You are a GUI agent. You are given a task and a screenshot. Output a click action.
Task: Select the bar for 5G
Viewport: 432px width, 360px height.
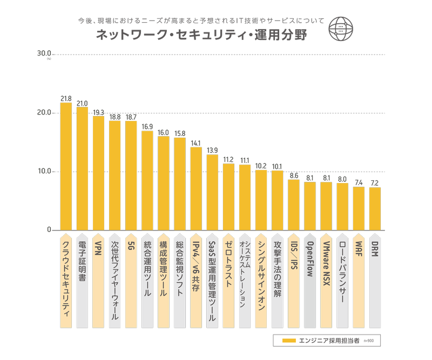(x=131, y=175)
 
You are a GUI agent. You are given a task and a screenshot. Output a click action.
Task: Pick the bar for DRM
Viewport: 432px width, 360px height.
(x=375, y=209)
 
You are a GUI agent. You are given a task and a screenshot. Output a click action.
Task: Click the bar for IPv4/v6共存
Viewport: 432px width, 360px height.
(x=196, y=189)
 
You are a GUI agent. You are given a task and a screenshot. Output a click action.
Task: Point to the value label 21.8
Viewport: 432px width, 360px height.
(x=66, y=99)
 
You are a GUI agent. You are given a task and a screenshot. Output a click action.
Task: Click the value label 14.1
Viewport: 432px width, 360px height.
(x=196, y=144)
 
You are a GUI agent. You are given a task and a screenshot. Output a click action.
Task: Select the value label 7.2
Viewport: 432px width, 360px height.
(x=375, y=184)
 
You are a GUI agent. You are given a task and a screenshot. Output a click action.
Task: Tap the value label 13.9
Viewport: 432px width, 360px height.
(x=212, y=151)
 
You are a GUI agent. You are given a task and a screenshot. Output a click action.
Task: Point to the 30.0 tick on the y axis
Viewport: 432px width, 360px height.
(x=44, y=54)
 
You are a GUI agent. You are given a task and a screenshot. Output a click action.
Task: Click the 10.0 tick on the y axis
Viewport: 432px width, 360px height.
(x=44, y=172)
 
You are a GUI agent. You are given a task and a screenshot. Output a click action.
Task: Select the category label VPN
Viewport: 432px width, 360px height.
(x=98, y=248)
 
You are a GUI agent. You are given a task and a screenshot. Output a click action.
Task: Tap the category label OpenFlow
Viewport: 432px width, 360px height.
(x=310, y=259)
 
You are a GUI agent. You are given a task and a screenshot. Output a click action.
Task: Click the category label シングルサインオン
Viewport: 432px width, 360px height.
(x=261, y=275)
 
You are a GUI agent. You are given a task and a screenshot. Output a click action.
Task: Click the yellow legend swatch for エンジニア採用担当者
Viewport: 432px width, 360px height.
(x=289, y=341)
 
